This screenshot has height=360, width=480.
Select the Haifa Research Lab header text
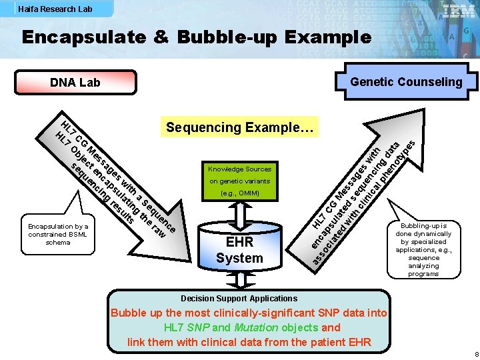click(55, 9)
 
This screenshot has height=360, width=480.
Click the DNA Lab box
click(75, 83)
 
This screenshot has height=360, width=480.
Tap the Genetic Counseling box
click(406, 82)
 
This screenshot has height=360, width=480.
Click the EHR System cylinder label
click(239, 250)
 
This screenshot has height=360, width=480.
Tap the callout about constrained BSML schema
click(58, 234)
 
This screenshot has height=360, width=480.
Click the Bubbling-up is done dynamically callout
click(423, 249)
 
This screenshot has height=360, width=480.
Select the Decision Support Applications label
click(239, 299)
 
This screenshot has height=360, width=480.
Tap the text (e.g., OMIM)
click(239, 193)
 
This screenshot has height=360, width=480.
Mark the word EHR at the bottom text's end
click(357, 342)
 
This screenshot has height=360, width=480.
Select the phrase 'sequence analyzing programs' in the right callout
click(424, 265)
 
